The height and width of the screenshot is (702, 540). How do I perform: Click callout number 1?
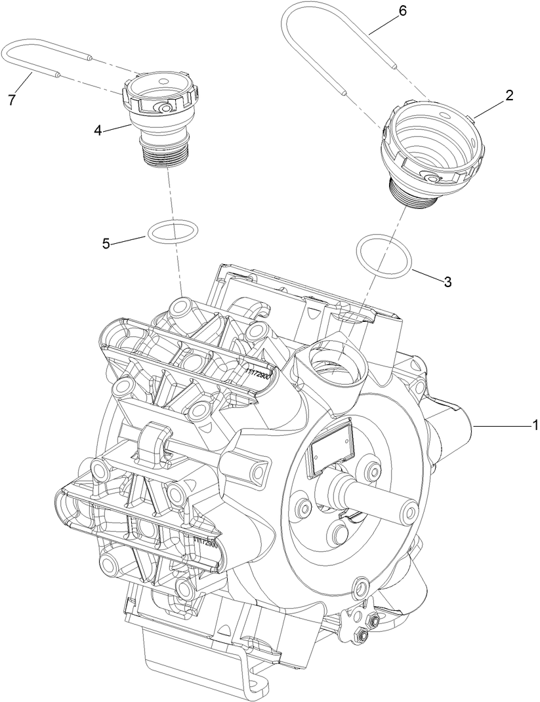(x=535, y=426)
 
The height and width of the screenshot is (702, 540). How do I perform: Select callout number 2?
(x=509, y=95)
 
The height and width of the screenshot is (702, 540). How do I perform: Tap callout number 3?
(x=447, y=282)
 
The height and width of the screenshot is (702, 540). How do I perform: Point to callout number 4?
(x=98, y=130)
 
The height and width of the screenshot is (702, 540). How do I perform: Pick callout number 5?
(x=106, y=244)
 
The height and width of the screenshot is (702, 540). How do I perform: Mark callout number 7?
(x=10, y=99)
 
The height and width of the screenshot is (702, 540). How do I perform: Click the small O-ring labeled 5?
(x=173, y=231)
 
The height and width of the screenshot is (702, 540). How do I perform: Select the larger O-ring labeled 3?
(x=384, y=256)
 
